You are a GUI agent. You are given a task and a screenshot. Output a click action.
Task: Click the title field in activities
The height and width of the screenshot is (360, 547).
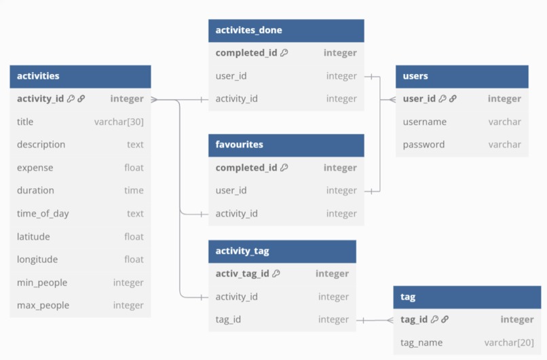[25, 122]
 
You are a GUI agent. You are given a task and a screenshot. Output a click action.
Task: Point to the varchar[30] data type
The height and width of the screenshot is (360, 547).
[119, 122]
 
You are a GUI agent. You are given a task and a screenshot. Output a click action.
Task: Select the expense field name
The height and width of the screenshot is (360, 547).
[35, 168]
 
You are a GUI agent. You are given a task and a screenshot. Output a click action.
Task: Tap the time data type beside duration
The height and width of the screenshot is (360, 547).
[134, 191]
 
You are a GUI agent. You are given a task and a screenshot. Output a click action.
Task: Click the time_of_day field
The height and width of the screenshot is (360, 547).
[43, 214]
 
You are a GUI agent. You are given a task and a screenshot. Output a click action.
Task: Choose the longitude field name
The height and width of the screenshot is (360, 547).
[37, 259]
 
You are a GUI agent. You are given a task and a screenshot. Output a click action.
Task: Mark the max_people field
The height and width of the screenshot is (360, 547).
[43, 306]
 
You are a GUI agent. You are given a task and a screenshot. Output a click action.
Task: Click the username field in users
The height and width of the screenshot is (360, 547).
[424, 122]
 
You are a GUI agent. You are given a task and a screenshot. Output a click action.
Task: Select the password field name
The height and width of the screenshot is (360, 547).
[423, 145]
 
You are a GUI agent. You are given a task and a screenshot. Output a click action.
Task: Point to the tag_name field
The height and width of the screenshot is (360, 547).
[421, 343]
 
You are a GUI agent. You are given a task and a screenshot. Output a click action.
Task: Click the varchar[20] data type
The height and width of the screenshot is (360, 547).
[509, 343]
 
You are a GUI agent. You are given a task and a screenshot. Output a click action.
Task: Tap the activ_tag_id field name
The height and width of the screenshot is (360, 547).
[242, 274]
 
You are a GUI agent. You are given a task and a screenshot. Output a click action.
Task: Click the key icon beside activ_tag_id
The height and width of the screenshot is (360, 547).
[277, 274]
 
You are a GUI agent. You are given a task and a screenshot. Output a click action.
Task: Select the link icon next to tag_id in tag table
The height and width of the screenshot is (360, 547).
[445, 320]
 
